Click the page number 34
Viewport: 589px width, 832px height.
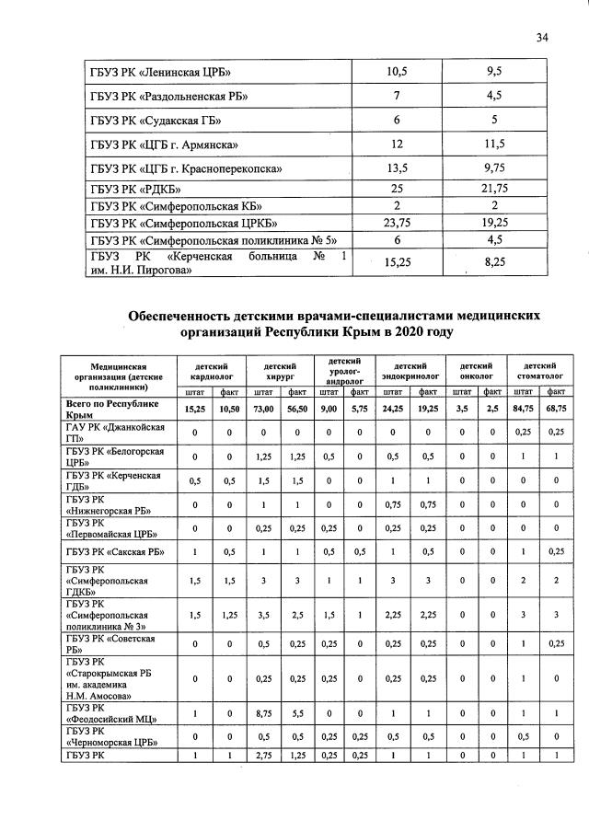coord(542,37)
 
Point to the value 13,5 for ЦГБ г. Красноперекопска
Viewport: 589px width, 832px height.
coord(398,168)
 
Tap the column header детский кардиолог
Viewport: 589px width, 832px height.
coord(214,371)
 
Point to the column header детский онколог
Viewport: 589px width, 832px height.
coord(477,371)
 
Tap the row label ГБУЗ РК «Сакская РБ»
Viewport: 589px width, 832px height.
coord(115,550)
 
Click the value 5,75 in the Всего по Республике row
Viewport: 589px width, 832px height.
coord(360,408)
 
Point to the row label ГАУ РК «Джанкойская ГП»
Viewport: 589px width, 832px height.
coord(115,433)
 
